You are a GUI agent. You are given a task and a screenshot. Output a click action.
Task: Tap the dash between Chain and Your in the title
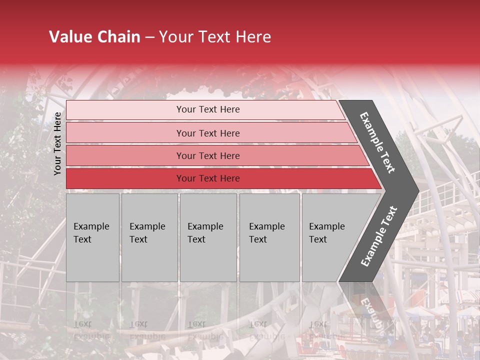pos(149,37)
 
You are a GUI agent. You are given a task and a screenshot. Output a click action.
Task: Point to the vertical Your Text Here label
pos(57,144)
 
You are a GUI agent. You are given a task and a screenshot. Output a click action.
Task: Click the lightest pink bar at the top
pos(205,109)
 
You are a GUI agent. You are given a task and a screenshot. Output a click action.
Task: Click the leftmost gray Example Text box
pos(92,237)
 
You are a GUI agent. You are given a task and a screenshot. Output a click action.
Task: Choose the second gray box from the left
pos(149,237)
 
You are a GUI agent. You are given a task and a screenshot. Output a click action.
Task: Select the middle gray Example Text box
pos(208,237)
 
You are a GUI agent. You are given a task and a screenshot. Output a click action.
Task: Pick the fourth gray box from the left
pos(269,237)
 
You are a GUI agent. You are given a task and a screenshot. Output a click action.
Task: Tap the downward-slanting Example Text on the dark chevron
pos(377,142)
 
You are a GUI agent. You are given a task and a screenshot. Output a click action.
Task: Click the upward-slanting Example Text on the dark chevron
pos(378,236)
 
